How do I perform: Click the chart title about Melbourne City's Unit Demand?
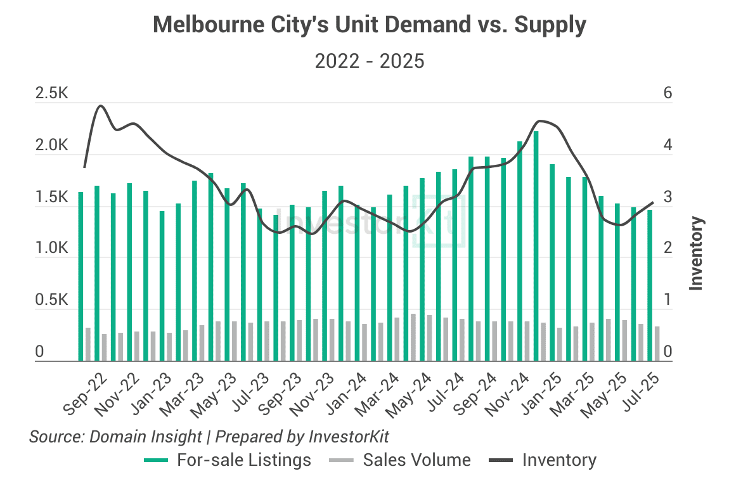(370, 25)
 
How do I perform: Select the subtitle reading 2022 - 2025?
(370, 61)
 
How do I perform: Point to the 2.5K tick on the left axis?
(51, 94)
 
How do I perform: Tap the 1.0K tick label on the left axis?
(51, 249)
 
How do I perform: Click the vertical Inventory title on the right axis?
(697, 254)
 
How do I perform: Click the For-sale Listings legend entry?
(244, 460)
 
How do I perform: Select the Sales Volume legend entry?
(416, 460)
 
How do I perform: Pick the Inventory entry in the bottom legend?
(558, 460)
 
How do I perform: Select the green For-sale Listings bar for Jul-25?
(649, 285)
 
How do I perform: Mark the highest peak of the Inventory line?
(100, 106)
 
